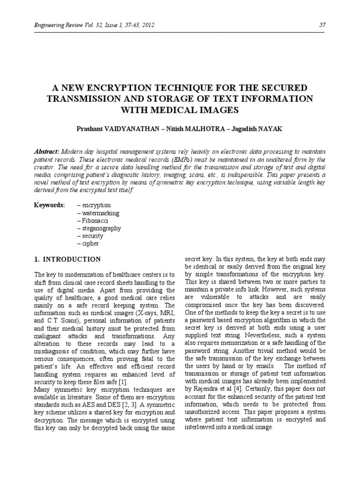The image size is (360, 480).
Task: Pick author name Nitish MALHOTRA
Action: coord(186,128)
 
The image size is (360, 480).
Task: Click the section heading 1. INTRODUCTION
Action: coord(68,259)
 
